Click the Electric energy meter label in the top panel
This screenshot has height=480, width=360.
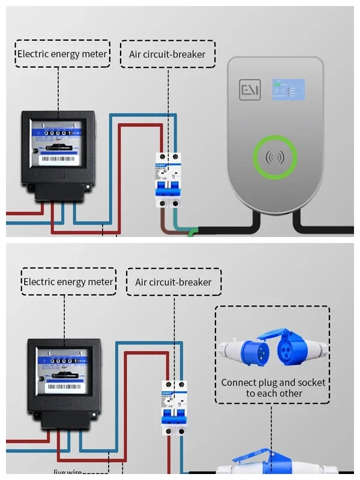pos(62,54)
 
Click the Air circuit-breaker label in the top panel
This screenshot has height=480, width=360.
pos(167,54)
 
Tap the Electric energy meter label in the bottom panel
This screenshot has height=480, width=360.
pos(68,281)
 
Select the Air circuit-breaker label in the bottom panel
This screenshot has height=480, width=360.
pos(173,281)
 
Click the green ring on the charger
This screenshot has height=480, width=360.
pos(275,158)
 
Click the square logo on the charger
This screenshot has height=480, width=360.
pos(248,89)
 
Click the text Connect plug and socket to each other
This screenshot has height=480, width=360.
pos(273,388)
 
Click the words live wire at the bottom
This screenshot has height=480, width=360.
pos(68,472)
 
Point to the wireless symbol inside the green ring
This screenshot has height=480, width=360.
pos(275,158)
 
